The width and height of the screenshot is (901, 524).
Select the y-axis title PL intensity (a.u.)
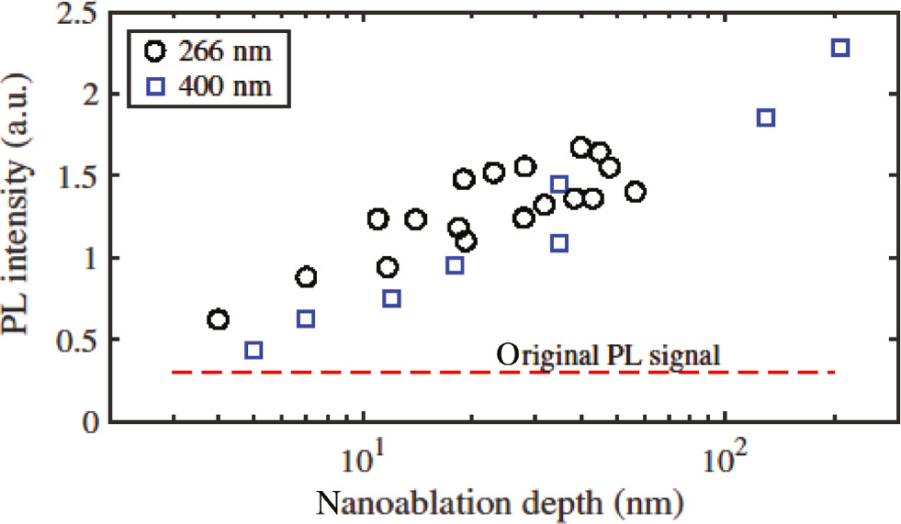click(x=22, y=218)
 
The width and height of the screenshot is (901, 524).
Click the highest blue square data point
click(x=840, y=48)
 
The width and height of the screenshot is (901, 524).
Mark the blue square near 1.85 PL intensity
click(x=766, y=117)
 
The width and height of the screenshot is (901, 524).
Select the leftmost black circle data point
click(x=218, y=319)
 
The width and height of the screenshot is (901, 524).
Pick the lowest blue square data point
click(x=254, y=351)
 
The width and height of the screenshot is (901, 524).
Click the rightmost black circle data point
click(x=635, y=192)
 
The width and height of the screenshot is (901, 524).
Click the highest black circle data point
click(x=580, y=147)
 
